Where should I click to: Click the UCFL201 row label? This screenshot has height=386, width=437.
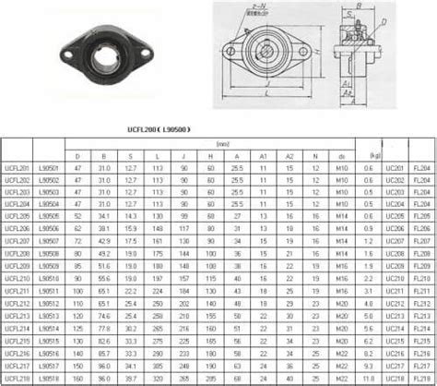pyautogui.click(x=16, y=167)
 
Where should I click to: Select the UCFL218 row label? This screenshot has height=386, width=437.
pyautogui.click(x=16, y=378)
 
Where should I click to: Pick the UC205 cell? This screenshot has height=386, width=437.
pyautogui.click(x=395, y=214)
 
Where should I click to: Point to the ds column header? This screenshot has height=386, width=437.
pyautogui.click(x=341, y=155)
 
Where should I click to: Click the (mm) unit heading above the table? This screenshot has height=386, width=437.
pyautogui.click(x=222, y=144)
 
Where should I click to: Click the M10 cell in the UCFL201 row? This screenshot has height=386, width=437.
pyautogui.click(x=341, y=167)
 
